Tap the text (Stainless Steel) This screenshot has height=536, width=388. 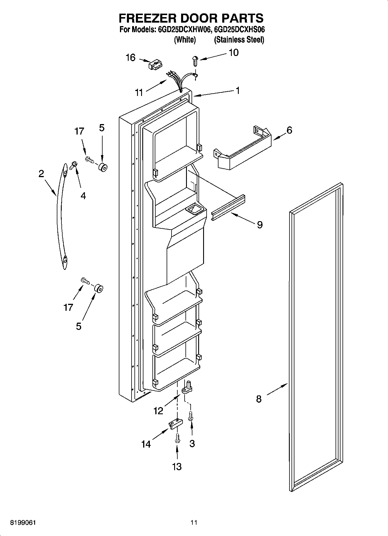click(239, 40)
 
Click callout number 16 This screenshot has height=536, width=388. click(130, 58)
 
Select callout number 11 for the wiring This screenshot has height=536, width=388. click(139, 92)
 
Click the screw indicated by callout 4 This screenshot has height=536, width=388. click(73, 165)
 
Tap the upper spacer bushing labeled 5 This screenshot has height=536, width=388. click(103, 167)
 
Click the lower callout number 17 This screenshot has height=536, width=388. click(68, 307)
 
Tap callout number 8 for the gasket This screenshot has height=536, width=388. click(259, 399)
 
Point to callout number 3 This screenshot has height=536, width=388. click(192, 444)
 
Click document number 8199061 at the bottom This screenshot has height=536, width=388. click(23, 522)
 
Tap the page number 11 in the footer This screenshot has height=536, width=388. click(194, 522)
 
